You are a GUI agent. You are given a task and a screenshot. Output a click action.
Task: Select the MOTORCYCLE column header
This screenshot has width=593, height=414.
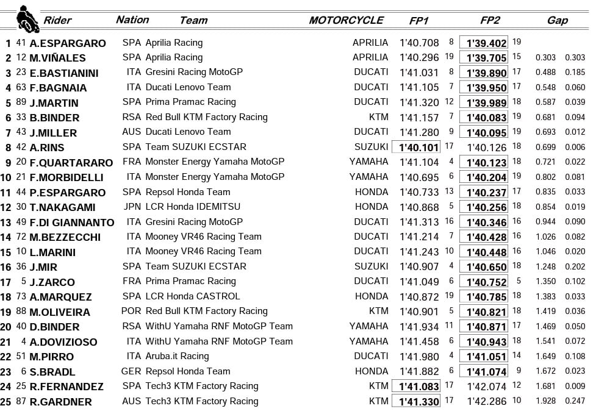[x=346, y=20]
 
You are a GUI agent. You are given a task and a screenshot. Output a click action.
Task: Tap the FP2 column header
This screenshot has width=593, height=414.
[x=490, y=20]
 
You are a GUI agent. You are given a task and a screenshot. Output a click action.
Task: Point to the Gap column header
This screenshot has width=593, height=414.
[x=557, y=20]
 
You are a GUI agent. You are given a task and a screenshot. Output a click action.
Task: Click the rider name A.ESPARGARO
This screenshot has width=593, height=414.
[x=67, y=43]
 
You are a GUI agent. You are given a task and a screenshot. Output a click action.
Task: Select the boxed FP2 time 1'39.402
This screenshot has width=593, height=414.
[x=486, y=43]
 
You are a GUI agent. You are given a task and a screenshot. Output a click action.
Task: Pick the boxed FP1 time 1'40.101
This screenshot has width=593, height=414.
[x=419, y=148]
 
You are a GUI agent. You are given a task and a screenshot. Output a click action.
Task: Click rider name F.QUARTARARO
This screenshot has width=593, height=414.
[x=71, y=163]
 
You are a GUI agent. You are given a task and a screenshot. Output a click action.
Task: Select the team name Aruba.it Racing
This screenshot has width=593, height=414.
[x=177, y=356]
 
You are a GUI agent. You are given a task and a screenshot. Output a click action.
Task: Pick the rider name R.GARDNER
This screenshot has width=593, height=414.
[x=60, y=402]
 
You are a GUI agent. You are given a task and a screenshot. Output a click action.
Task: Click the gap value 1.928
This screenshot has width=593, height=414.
[x=545, y=401]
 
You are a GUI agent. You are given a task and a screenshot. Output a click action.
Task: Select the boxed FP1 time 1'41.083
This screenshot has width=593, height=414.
[x=419, y=386]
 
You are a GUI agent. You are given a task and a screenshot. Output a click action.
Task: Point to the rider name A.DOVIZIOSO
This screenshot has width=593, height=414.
[x=63, y=342]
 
